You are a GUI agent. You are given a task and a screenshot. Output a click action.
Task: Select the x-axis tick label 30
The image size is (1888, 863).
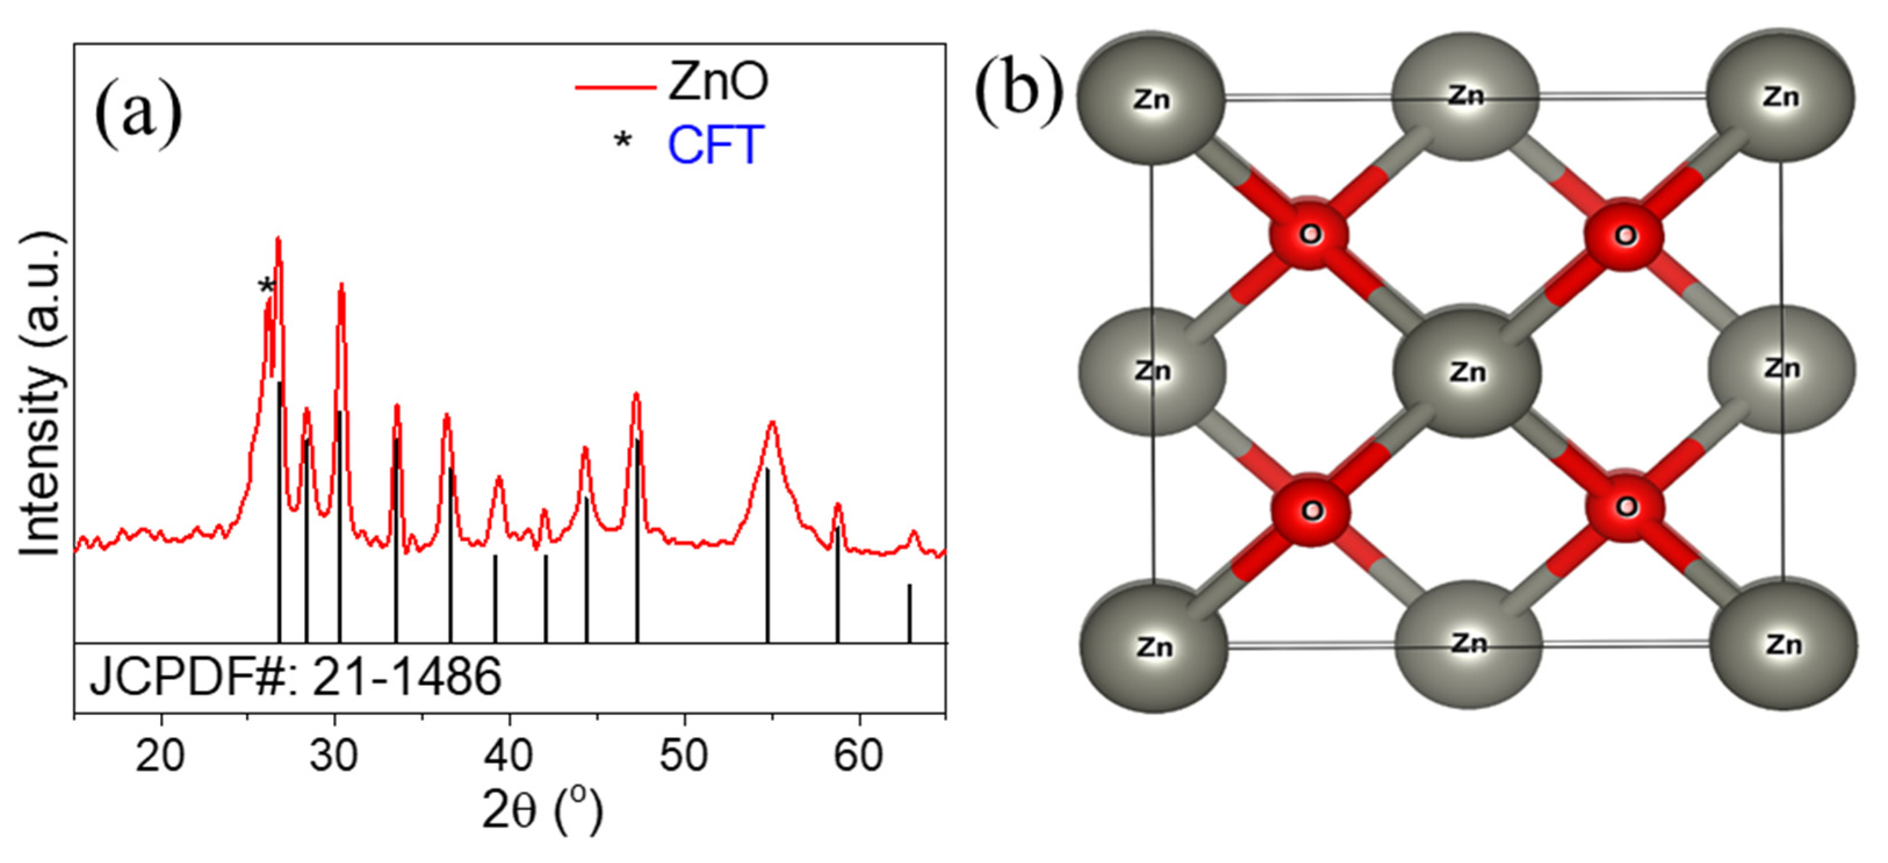334,756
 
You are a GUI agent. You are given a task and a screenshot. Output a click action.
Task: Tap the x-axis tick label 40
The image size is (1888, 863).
508,756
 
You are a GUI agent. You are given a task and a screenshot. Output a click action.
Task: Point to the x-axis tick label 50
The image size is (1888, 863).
684,756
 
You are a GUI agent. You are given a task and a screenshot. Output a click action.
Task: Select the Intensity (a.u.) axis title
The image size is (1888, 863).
39,396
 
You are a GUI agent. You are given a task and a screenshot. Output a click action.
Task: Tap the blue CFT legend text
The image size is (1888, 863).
716,145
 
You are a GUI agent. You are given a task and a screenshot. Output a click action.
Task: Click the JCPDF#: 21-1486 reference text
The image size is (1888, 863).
295,676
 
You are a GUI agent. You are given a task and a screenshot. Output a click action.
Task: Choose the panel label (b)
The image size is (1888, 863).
1018,92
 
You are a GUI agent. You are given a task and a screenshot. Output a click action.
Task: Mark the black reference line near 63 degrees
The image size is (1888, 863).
909,612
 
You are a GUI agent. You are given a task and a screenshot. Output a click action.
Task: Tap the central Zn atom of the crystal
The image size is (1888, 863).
1467,372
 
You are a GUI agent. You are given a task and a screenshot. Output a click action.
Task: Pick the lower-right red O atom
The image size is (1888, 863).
1625,506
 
